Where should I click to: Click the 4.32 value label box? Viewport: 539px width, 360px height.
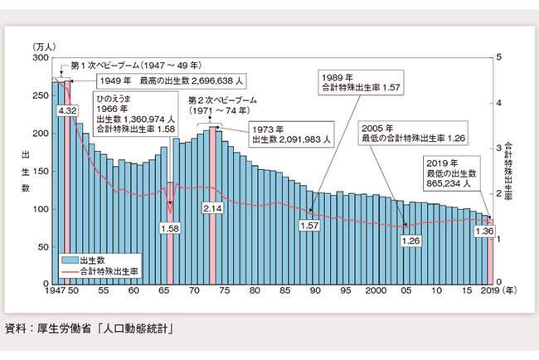67,109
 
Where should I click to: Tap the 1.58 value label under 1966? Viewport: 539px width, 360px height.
170,226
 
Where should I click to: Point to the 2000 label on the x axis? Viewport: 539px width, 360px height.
376,292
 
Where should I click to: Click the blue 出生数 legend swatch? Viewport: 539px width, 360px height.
70,259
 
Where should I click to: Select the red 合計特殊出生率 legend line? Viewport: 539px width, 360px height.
70,270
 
